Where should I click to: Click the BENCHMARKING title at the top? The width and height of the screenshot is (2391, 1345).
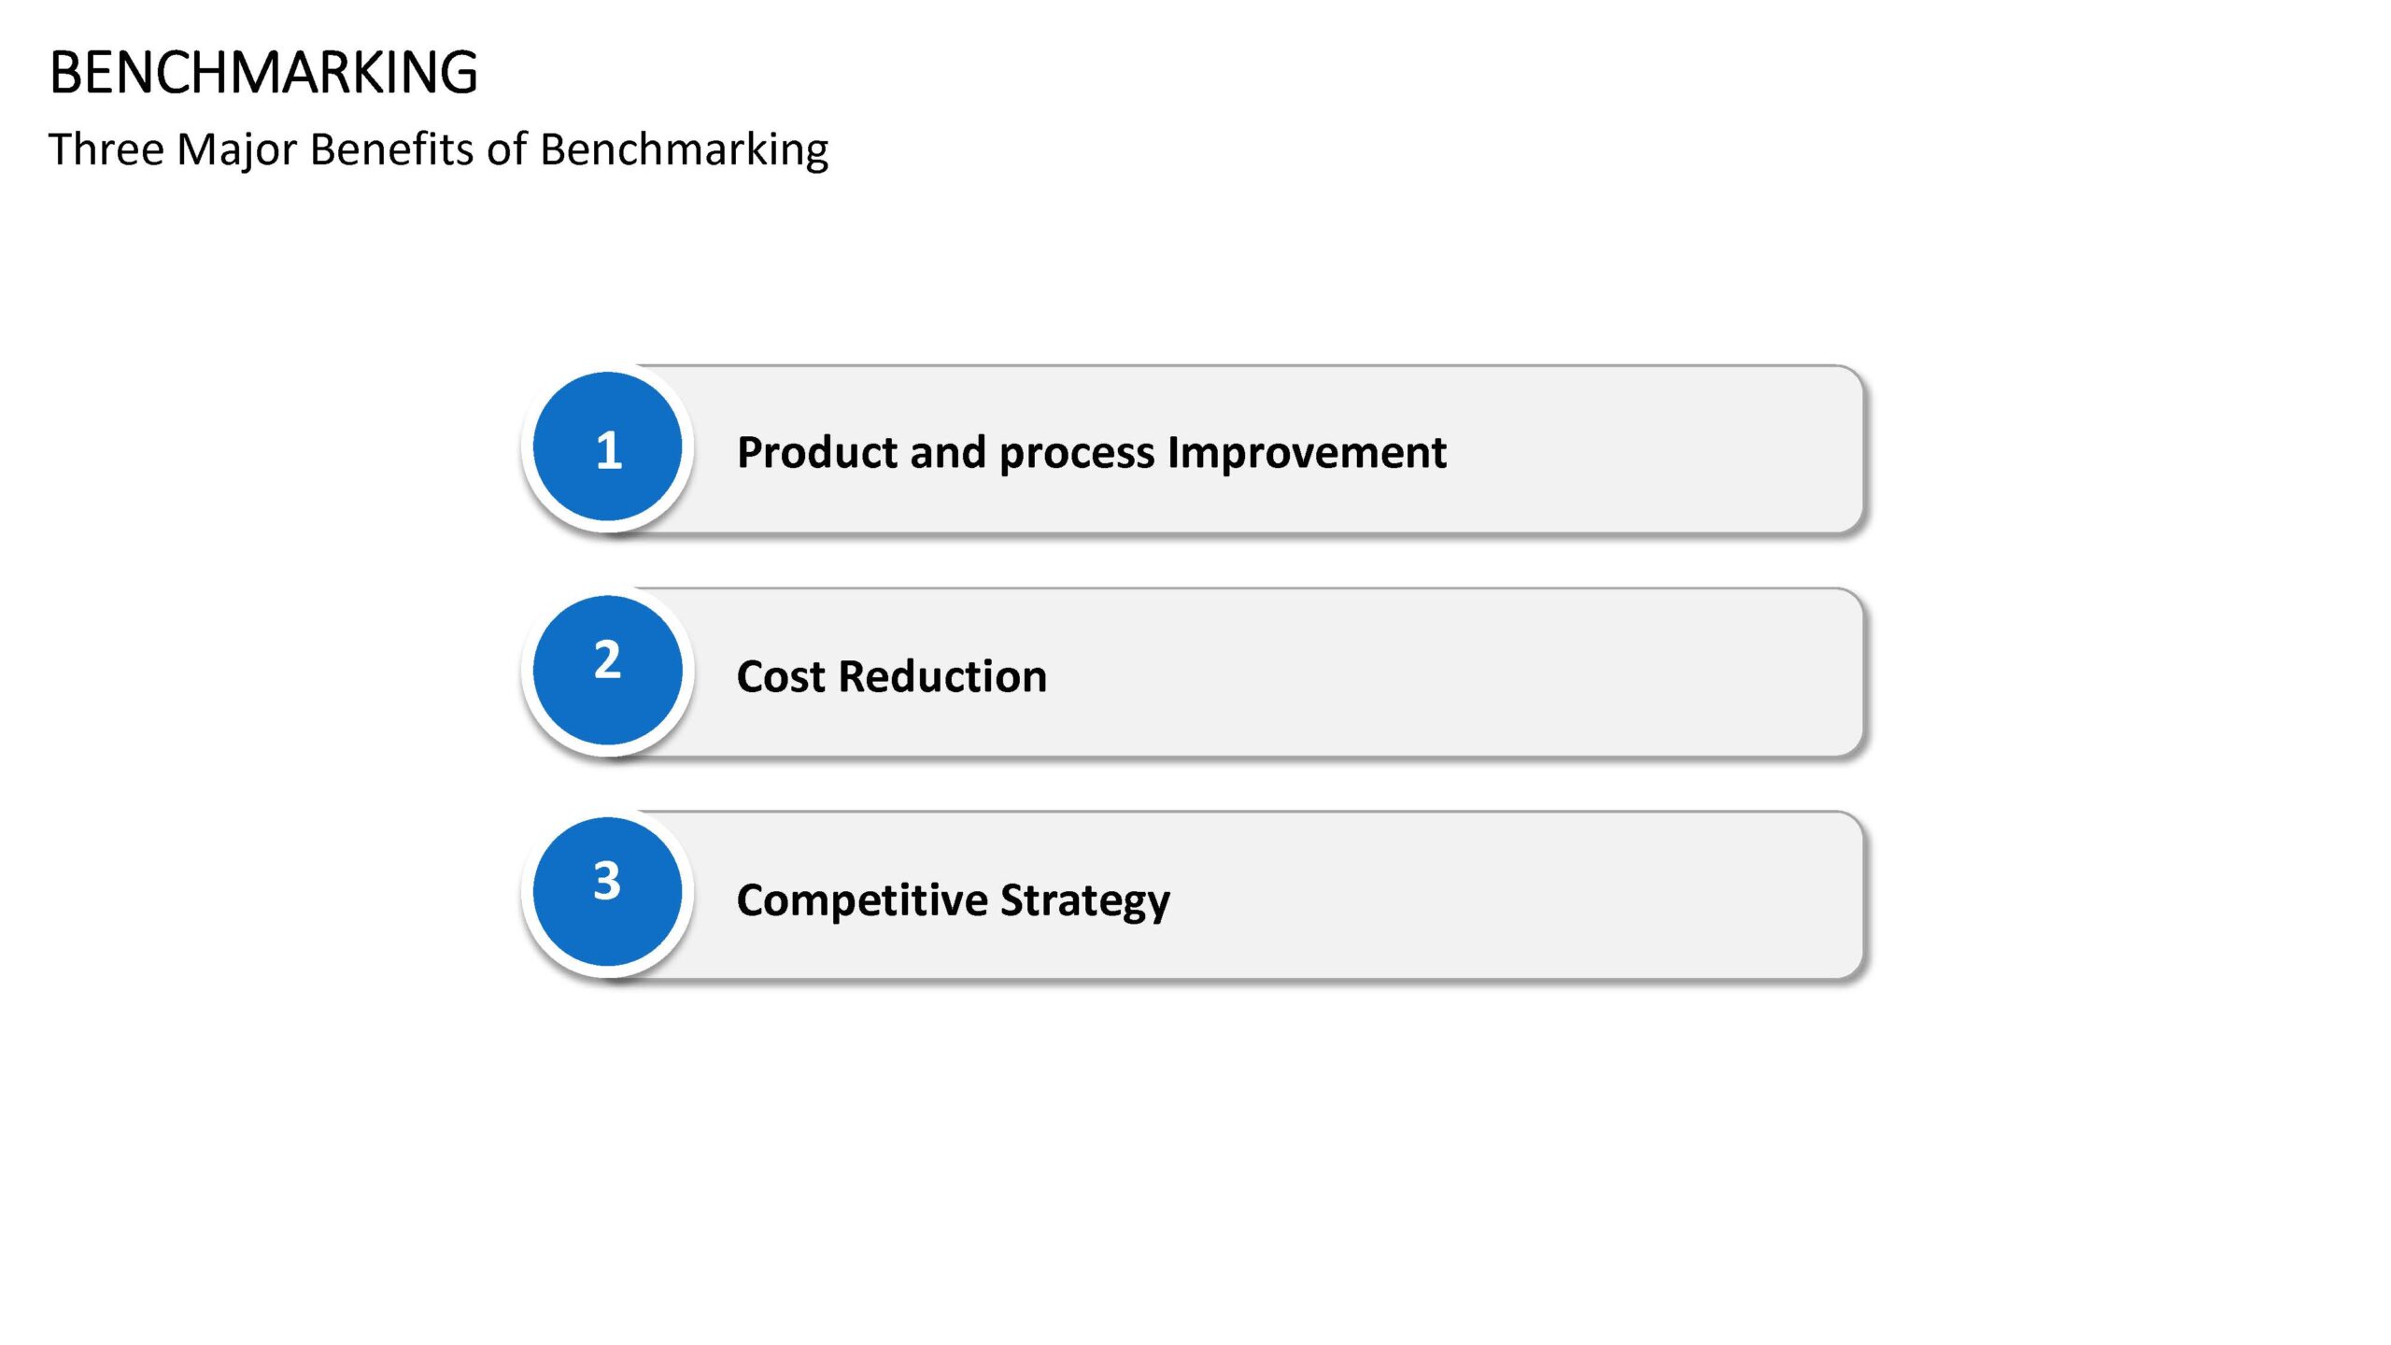point(263,72)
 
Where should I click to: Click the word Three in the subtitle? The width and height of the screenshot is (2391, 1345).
point(106,149)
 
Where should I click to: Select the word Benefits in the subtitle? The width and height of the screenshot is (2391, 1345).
point(391,149)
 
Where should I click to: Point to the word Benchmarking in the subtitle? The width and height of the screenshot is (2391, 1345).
point(684,150)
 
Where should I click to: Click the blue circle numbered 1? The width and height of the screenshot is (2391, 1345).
point(607,446)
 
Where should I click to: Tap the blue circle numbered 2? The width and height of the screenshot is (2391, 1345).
point(607,670)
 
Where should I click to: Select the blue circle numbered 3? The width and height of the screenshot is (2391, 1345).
point(607,892)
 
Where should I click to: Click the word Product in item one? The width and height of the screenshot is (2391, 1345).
point(817,452)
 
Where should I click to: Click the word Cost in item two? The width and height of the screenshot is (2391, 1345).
point(781,676)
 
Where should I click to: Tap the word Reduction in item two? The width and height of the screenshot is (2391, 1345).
point(942,675)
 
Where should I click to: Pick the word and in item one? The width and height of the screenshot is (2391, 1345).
point(948,452)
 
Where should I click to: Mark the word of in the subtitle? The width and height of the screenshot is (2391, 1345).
point(506,149)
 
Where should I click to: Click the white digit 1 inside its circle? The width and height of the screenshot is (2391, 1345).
point(609,450)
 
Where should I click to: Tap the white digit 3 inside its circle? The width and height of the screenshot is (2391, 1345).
point(607,880)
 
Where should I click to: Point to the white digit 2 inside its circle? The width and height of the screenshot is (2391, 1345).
point(607,658)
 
